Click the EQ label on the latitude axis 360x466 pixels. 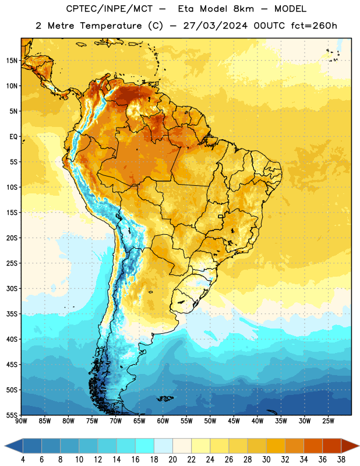pyautogui.click(x=13, y=137)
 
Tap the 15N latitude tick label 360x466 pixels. pyautogui.click(x=12, y=61)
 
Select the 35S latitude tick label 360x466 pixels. pyautogui.click(x=12, y=314)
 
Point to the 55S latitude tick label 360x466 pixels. pyautogui.click(x=12, y=415)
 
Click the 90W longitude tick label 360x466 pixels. pyautogui.click(x=21, y=421)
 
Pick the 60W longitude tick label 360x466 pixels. pyautogui.click(x=163, y=421)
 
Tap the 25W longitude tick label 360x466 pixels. pyautogui.click(x=328, y=421)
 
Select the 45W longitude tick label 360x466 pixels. pyautogui.click(x=234, y=421)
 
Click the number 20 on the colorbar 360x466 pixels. pyautogui.click(x=172, y=460)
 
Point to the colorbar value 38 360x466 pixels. pyautogui.click(x=341, y=460)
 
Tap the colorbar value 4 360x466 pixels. pyautogui.click(x=23, y=460)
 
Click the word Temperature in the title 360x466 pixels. pyautogui.click(x=111, y=26)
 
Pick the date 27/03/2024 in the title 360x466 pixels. pyautogui.click(x=215, y=26)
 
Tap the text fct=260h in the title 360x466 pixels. pyautogui.click(x=314, y=26)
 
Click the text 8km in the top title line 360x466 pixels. pyautogui.click(x=243, y=9)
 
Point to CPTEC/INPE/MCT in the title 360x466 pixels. pyautogui.click(x=109, y=9)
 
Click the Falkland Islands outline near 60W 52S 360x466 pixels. pyautogui.click(x=165, y=398)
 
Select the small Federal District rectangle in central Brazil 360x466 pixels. pyautogui.click(x=221, y=216)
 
